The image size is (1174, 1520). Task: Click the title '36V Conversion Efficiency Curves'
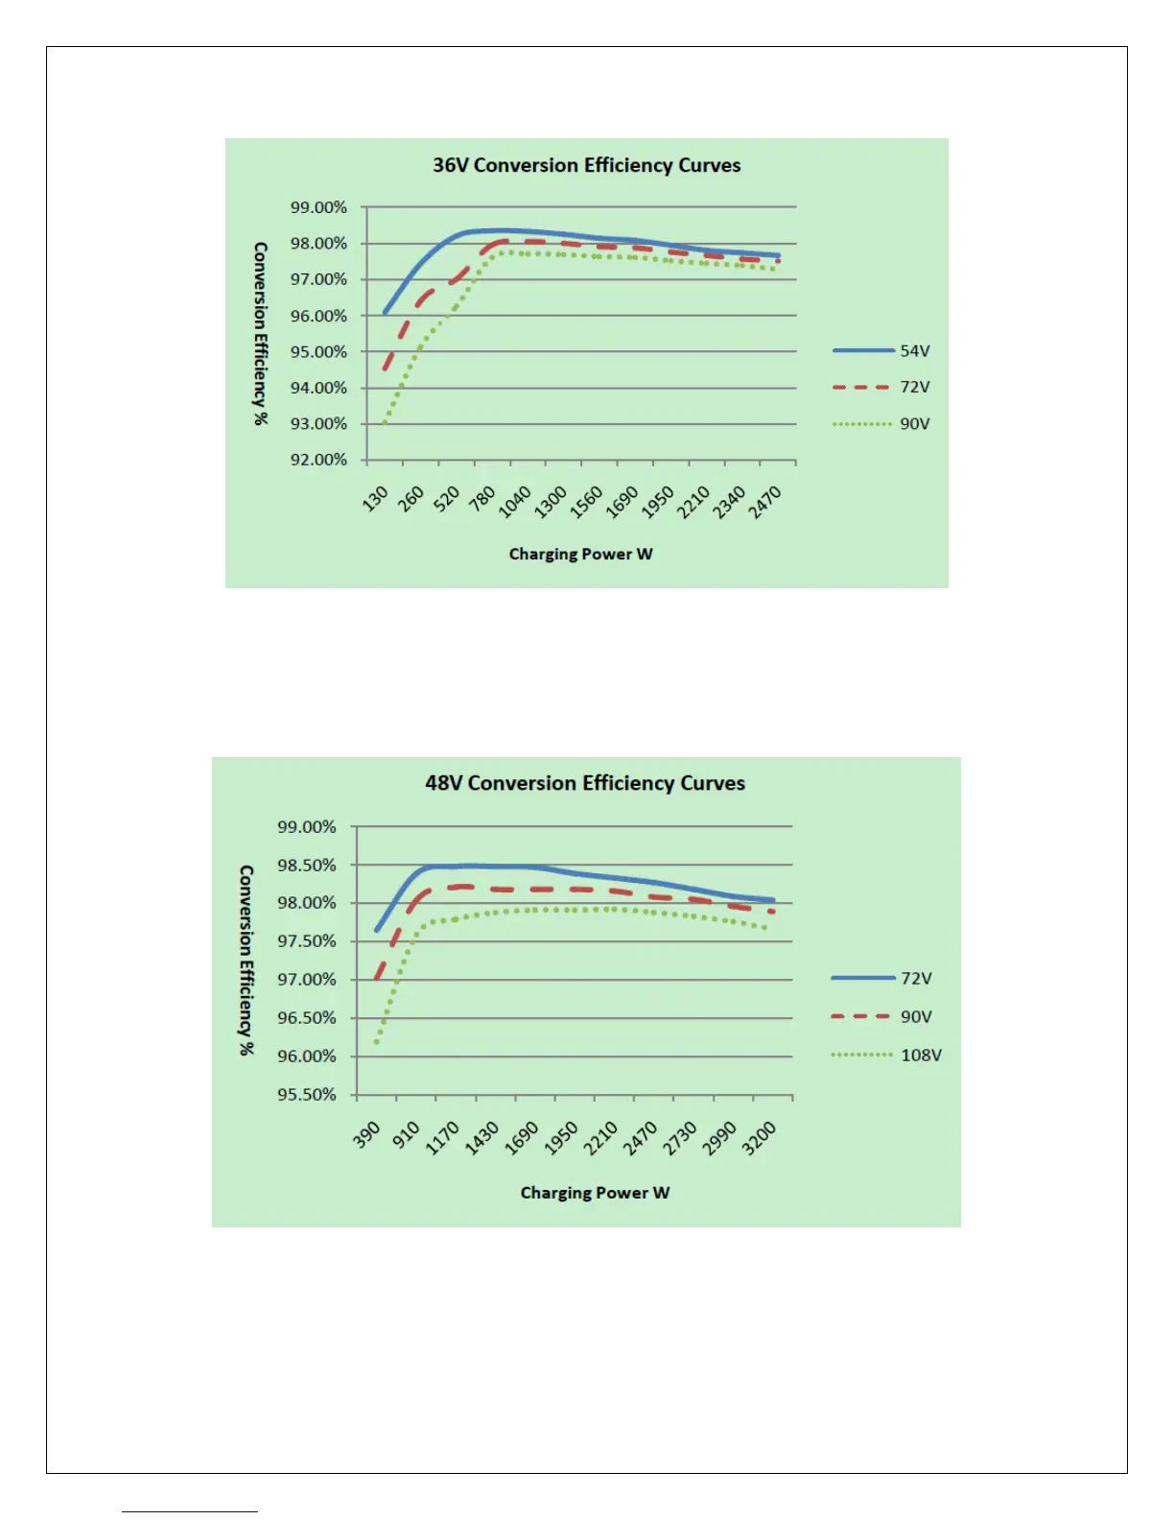(x=586, y=165)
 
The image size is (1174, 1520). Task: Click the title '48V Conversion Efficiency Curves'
(x=585, y=783)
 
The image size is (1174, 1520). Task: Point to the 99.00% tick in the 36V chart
(x=318, y=207)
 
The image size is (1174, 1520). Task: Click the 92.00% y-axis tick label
(x=318, y=460)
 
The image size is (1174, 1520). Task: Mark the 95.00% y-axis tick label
(x=318, y=352)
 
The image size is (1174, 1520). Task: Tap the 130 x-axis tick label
(x=376, y=498)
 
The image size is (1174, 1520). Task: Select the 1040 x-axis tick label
(x=515, y=502)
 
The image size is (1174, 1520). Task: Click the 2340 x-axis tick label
(x=729, y=502)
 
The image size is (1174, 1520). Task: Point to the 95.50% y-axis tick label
(x=307, y=1095)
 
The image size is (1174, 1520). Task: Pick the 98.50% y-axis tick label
(x=307, y=866)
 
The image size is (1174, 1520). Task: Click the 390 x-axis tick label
(x=367, y=1136)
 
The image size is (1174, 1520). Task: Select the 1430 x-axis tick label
(x=481, y=1138)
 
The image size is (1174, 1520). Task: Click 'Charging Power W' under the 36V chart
(x=580, y=555)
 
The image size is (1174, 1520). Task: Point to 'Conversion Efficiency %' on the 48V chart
(x=247, y=960)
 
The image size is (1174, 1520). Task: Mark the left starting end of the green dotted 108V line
(x=376, y=1043)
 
